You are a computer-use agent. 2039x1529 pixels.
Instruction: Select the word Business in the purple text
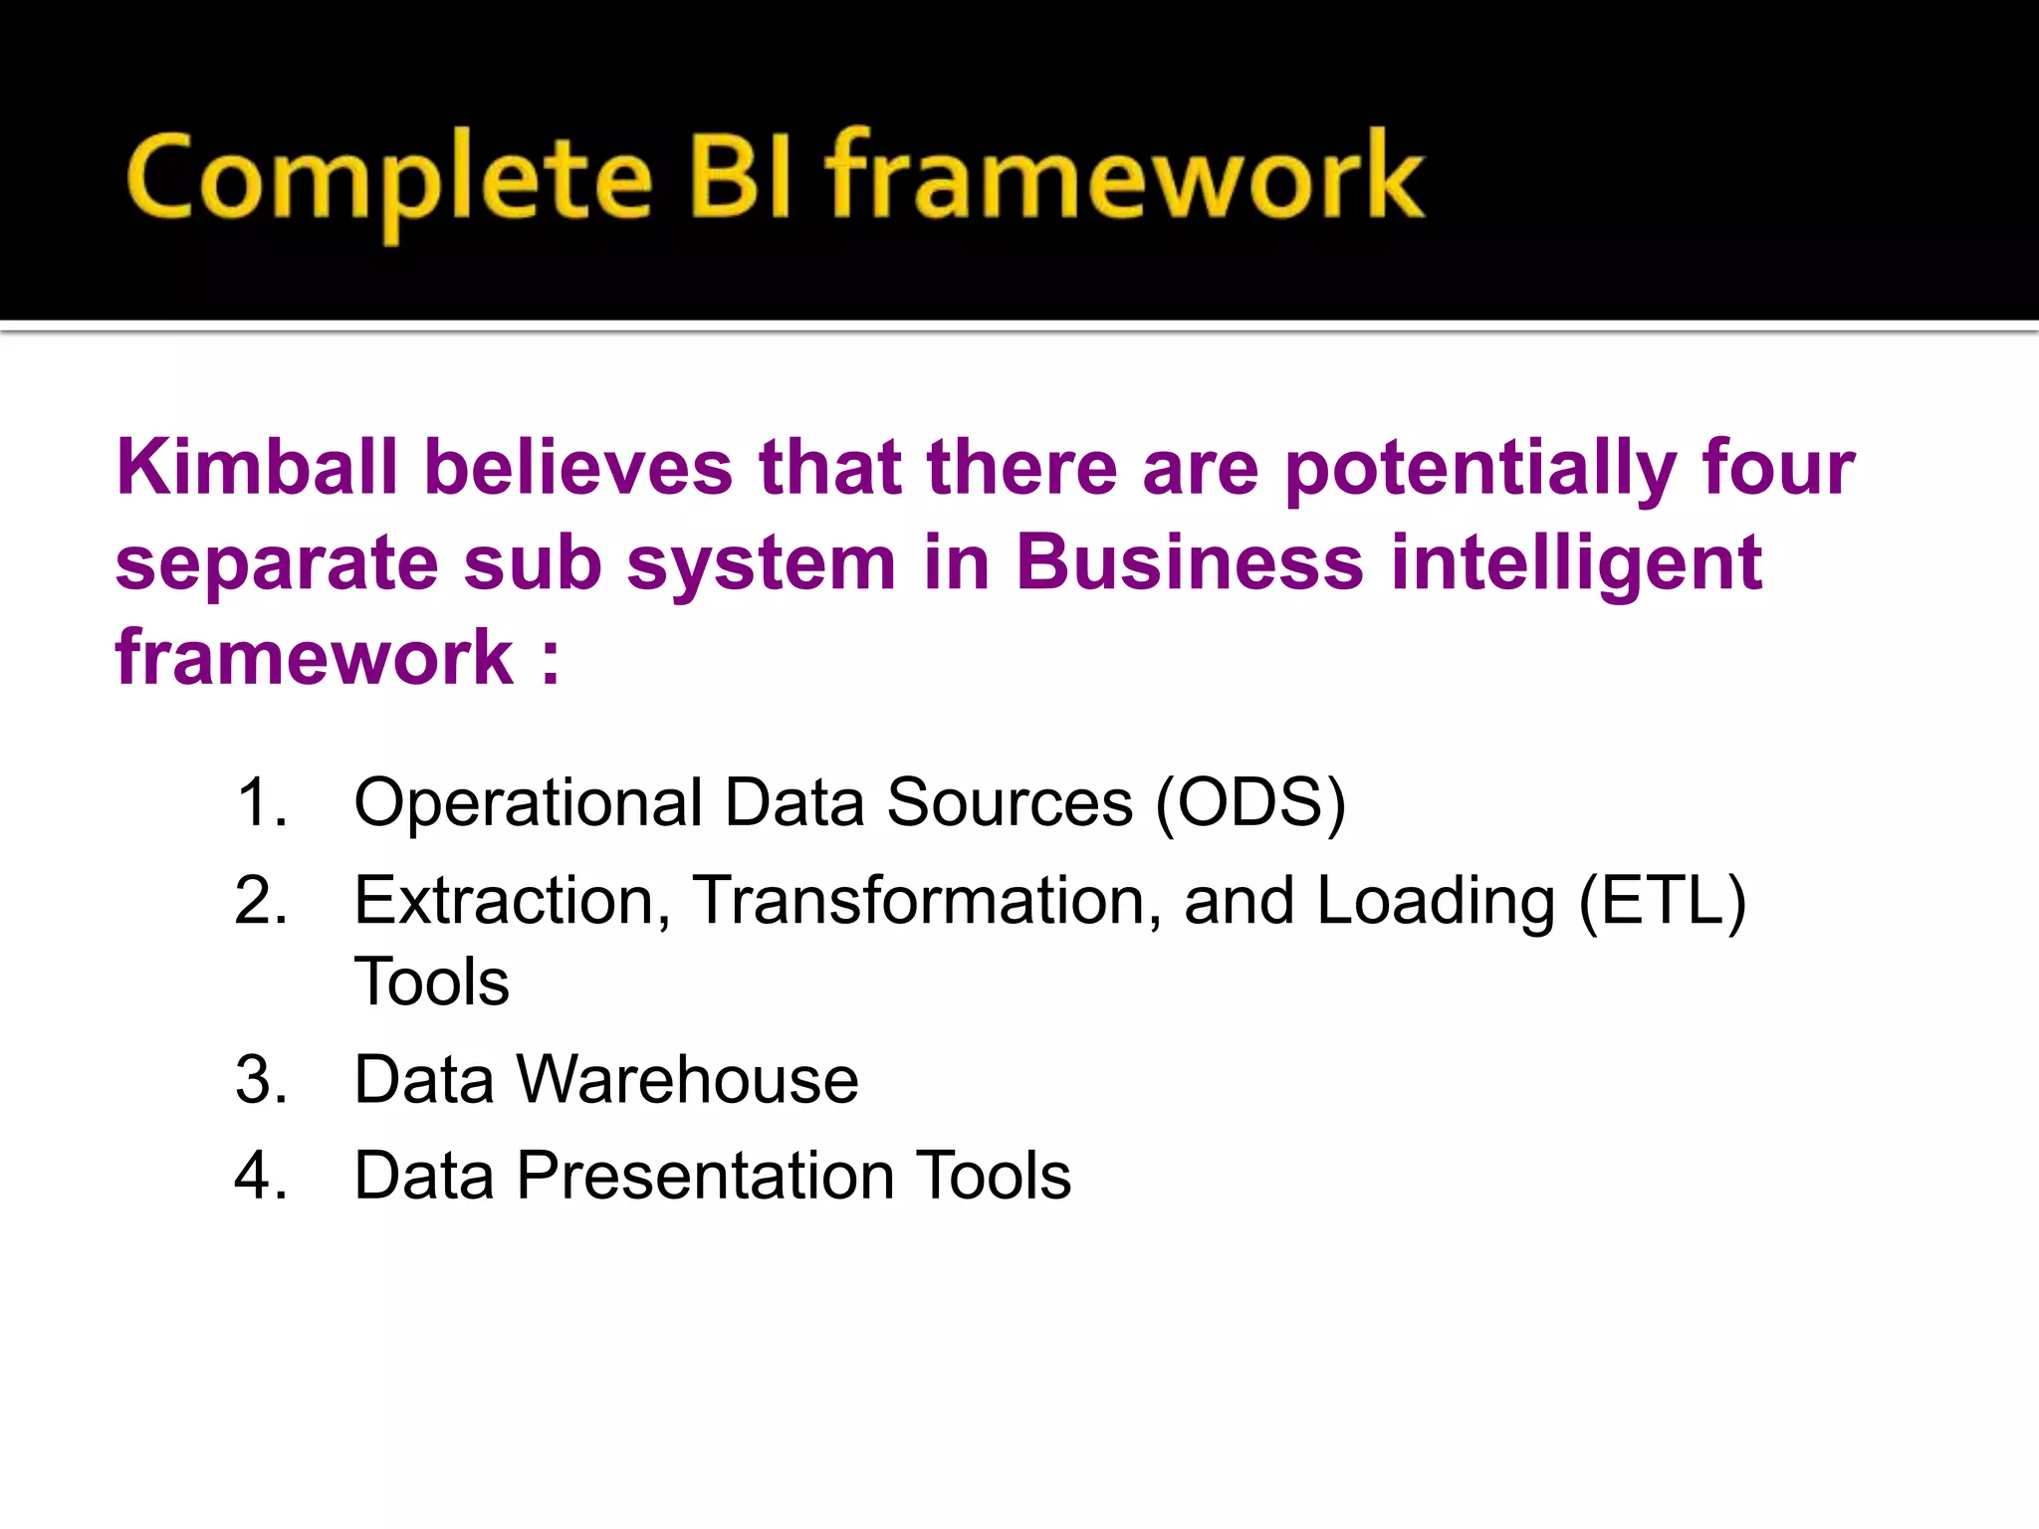click(1189, 562)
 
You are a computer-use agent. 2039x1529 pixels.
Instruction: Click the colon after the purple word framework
click(551, 659)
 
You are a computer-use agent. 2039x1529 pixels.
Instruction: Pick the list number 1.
click(261, 802)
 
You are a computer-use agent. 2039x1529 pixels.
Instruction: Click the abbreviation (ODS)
click(1250, 802)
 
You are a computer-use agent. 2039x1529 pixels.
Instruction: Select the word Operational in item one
click(528, 802)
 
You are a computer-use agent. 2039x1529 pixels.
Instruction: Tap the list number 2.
click(261, 900)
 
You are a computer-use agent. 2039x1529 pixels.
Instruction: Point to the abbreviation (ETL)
click(1662, 902)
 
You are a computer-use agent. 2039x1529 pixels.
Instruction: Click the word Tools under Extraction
click(431, 982)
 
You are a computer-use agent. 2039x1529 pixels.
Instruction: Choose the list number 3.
click(261, 1079)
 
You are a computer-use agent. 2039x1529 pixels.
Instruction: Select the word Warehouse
click(687, 1079)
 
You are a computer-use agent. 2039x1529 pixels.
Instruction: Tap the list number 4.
click(261, 1176)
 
